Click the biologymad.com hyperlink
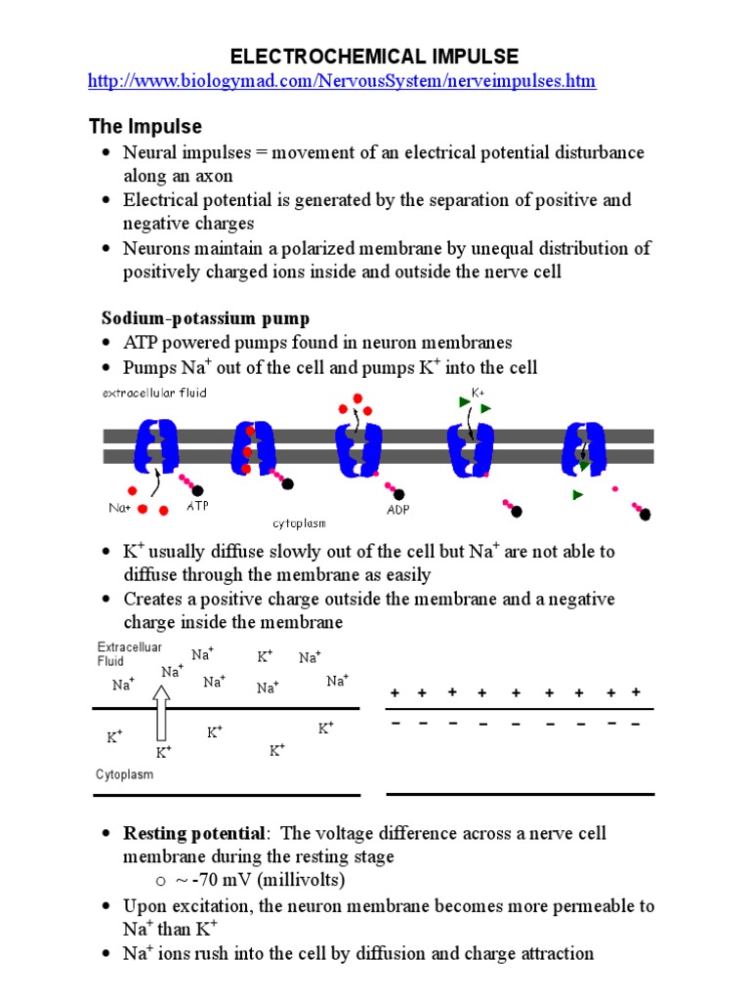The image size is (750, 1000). (342, 81)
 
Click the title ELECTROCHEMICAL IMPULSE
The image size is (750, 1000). (375, 56)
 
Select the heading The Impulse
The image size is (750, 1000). (146, 127)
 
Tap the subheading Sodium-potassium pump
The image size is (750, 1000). (206, 318)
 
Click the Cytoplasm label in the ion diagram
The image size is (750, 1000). (124, 774)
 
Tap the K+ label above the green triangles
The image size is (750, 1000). (479, 393)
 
